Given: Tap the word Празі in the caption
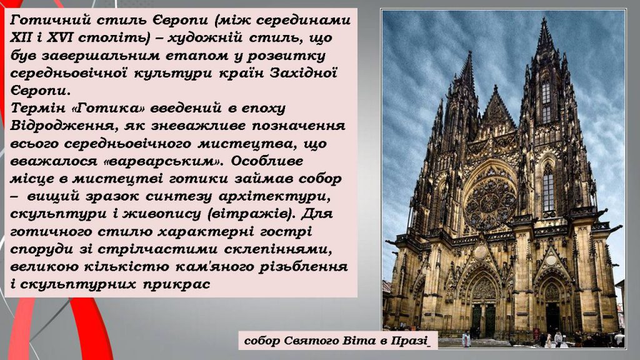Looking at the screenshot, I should (411, 341).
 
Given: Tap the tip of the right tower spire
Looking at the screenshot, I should (545, 19).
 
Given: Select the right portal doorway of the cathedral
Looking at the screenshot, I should (552, 316).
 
